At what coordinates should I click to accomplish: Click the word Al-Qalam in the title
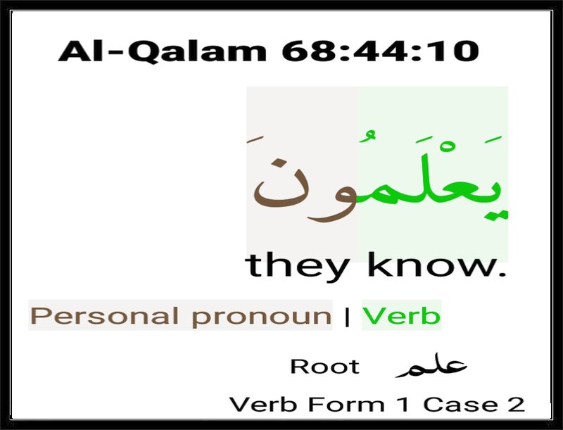pos(163,51)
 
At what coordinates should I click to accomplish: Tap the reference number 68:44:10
pos(381,51)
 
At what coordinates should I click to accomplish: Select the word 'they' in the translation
pos(297,266)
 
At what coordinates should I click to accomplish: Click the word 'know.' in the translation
pos(437,265)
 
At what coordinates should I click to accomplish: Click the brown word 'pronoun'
pos(261,317)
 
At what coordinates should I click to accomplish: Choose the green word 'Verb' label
pos(401,315)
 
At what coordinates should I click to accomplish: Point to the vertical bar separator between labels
pos(347,317)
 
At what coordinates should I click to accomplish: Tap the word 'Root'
pos(324,367)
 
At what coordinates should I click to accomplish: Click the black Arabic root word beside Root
pos(431,365)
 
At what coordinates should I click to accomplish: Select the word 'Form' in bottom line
pos(346,405)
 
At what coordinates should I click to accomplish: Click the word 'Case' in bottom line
pos(461,405)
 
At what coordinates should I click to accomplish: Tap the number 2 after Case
pos(516,405)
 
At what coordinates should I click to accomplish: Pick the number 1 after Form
pos(403,405)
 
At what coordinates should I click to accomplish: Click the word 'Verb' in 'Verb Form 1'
pos(263,405)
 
